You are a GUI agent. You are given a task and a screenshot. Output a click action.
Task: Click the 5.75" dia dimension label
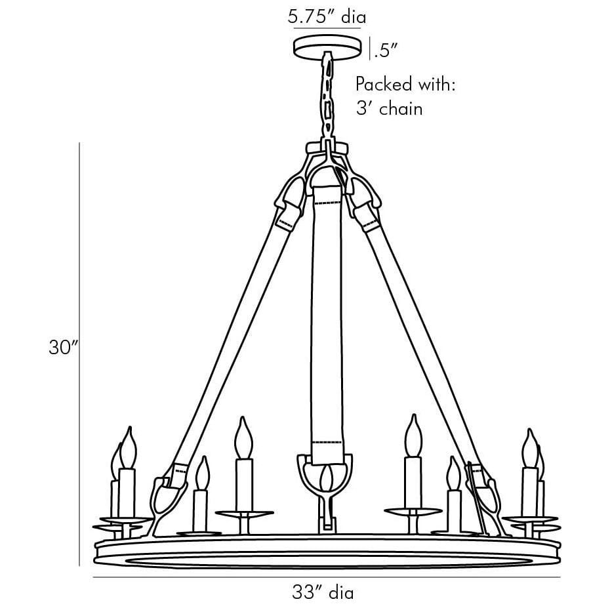[327, 16]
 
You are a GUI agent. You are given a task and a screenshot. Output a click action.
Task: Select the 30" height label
[64, 348]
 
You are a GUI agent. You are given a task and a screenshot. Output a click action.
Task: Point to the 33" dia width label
[323, 593]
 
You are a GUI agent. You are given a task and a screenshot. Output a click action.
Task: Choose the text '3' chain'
[389, 108]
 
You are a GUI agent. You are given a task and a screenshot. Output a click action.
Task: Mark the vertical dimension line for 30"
[79, 354]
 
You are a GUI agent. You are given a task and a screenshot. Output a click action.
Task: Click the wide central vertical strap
[327, 315]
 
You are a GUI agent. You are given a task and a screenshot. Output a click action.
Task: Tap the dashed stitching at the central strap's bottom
[327, 443]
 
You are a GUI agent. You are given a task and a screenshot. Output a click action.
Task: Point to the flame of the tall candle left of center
[245, 436]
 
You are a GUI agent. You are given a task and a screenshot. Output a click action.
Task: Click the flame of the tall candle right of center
[413, 434]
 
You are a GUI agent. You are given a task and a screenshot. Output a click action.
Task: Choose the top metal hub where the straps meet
[327, 154]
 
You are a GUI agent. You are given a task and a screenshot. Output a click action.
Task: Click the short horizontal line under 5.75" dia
[327, 29]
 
